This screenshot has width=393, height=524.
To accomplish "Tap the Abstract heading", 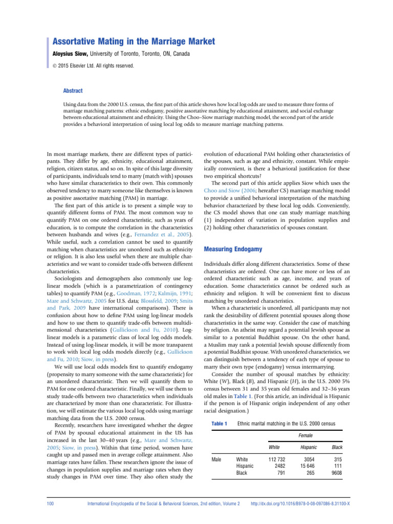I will coord(73,90).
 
